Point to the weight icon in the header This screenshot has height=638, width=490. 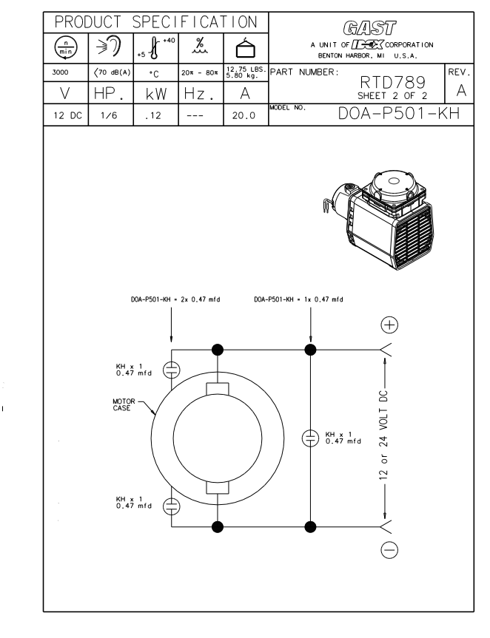pyautogui.click(x=245, y=49)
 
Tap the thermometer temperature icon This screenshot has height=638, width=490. pyautogui.click(x=155, y=49)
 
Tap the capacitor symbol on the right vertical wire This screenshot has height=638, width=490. pyautogui.click(x=310, y=437)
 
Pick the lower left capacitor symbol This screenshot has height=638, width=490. pyautogui.click(x=171, y=506)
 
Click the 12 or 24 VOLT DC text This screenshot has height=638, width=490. pyautogui.click(x=393, y=437)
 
